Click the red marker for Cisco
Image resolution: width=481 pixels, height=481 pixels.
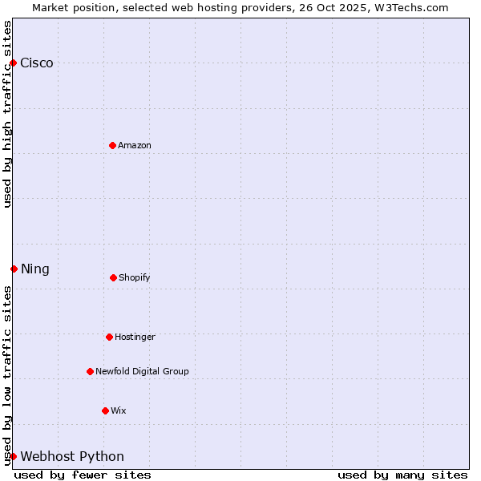coord(13,63)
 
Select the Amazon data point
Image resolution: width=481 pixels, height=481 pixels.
coord(112,145)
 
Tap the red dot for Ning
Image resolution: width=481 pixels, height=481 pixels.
coord(14,269)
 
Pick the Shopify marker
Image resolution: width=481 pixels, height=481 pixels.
coord(113,277)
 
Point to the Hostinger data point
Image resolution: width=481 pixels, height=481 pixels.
coord(109,337)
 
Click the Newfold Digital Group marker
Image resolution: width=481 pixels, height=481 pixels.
coord(90,371)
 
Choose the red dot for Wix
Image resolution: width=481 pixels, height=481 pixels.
coord(105,410)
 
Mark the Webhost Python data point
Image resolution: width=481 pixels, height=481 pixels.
coord(13,456)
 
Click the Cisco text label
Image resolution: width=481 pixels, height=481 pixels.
coord(37,63)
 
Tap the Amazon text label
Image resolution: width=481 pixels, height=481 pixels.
coord(135,145)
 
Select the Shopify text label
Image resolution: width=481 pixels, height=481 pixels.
coord(135,277)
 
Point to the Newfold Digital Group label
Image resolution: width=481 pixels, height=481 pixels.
coord(142,371)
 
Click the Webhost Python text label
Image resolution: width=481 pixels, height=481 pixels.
coord(72,457)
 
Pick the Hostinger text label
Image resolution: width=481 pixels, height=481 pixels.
coord(135,337)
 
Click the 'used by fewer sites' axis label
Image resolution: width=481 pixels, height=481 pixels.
coord(83,475)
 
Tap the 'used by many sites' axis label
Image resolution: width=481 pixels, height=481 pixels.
coord(402,475)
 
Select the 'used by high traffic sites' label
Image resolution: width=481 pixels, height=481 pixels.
coord(7,114)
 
